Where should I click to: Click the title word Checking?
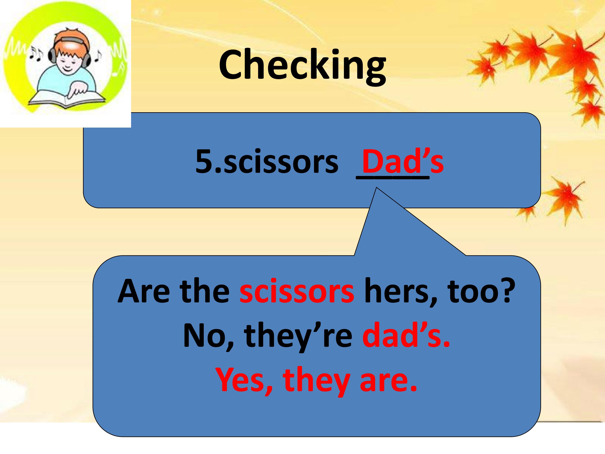[302, 66]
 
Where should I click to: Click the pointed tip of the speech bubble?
[377, 188]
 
